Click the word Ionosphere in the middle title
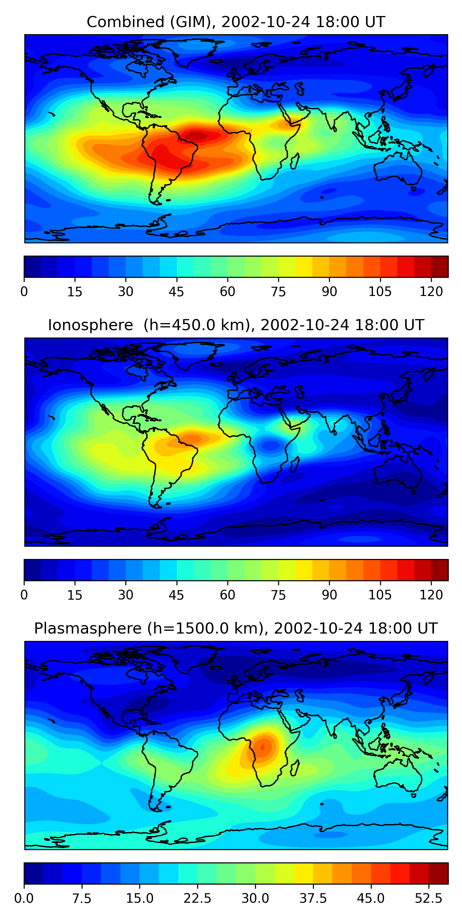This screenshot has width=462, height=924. (90, 325)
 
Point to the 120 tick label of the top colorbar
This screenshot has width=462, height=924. (431, 292)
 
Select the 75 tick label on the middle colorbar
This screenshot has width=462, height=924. (278, 595)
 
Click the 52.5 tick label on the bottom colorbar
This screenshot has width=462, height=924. (428, 898)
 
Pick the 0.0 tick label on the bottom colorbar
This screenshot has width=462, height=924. (24, 898)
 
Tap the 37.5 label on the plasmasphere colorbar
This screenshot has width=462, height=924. (313, 898)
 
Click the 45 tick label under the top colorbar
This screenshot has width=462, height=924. (176, 292)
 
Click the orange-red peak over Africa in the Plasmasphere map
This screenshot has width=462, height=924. (263, 747)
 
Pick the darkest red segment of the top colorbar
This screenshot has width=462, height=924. (440, 266)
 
